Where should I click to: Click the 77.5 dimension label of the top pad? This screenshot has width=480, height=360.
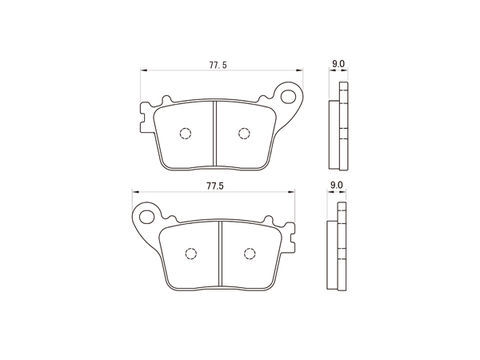[x=218, y=65]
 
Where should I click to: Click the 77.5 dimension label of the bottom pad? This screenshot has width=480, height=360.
[x=215, y=186]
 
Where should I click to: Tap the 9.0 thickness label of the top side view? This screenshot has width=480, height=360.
[x=338, y=64]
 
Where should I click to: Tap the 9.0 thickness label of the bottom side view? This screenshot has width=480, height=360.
[x=336, y=185]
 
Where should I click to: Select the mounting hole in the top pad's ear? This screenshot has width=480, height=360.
[x=288, y=96]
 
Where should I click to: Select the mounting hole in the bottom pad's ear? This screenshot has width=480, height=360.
[x=147, y=216]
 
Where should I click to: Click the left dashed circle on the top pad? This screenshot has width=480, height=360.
[x=185, y=133]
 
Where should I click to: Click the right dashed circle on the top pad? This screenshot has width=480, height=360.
[x=244, y=133]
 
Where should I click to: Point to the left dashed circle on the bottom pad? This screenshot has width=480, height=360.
[x=191, y=254]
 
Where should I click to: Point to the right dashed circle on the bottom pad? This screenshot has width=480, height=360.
[x=250, y=254]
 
